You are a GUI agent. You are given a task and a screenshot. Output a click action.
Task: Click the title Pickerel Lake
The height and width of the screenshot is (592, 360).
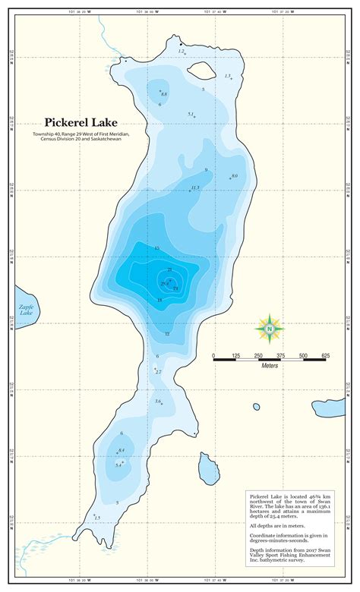(x=85, y=121)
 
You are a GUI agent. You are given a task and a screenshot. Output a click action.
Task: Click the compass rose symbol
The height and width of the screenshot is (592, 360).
(x=269, y=328)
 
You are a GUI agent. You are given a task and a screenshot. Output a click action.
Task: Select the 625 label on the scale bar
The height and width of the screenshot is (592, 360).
(x=324, y=355)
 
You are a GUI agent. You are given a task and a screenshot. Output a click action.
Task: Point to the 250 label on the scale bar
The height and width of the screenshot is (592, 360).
(x=258, y=355)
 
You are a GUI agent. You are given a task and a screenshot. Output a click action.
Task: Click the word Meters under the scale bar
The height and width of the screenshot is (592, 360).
(x=270, y=366)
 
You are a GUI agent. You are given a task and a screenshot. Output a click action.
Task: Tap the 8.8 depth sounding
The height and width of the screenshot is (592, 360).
(x=164, y=94)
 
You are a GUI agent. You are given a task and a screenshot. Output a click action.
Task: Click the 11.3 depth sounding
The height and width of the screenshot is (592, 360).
(x=195, y=187)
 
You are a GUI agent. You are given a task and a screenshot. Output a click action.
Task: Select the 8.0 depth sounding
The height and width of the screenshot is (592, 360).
(x=235, y=176)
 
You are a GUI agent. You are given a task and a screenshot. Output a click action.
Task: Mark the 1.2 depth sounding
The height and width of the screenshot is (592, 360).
(x=181, y=51)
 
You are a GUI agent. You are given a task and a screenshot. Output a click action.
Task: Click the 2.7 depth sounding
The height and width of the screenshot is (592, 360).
(x=159, y=372)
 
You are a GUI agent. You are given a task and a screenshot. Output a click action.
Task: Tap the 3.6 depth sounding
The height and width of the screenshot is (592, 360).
(x=158, y=401)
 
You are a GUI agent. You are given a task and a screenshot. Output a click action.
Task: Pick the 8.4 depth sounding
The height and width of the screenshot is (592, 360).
(x=122, y=451)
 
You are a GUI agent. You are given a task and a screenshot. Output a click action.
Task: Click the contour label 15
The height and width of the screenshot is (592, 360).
(x=156, y=248)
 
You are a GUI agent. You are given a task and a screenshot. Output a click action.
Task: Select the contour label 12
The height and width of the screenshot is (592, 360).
(x=167, y=334)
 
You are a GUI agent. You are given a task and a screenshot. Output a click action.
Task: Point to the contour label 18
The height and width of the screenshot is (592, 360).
(x=159, y=301)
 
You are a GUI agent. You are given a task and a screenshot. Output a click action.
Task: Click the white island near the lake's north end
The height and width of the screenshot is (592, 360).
(x=201, y=71)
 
